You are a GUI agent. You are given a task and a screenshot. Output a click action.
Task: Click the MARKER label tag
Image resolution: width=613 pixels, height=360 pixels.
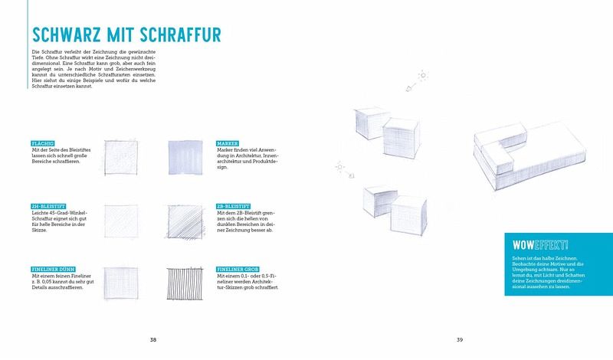[228, 143]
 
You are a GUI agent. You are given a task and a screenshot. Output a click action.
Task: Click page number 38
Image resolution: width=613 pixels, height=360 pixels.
[153, 339]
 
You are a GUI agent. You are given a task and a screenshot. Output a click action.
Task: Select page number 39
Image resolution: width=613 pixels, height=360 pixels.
[460, 339]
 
